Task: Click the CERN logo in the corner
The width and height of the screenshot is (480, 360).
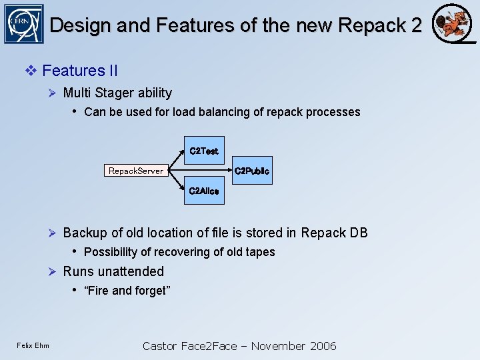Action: click(x=23, y=23)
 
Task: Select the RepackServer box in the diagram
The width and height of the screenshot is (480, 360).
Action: click(x=135, y=171)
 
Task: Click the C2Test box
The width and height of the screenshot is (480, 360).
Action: click(x=203, y=151)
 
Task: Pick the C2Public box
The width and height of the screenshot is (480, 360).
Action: click(x=252, y=171)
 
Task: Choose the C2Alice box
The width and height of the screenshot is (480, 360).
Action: click(x=203, y=191)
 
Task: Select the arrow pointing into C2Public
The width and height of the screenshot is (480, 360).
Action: click(x=200, y=171)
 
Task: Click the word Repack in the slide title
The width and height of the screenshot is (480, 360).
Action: click(x=370, y=25)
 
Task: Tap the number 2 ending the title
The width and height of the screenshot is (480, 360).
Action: click(x=416, y=25)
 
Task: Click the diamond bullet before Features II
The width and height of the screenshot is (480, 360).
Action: click(x=31, y=71)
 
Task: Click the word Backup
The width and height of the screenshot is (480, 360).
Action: click(x=85, y=233)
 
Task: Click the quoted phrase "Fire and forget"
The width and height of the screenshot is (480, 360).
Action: click(x=127, y=291)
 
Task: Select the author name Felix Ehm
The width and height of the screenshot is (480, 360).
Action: click(x=33, y=345)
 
